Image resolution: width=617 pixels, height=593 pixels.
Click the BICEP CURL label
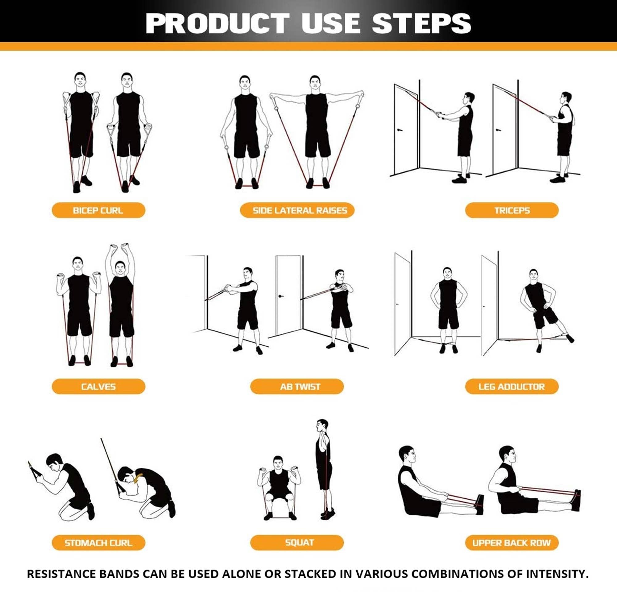point(98,210)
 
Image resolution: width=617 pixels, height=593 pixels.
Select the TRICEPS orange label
point(511,210)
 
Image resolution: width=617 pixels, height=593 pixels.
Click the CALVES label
point(98,386)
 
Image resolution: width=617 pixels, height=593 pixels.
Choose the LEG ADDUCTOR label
point(511,386)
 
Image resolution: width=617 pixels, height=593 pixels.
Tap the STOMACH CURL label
point(98,543)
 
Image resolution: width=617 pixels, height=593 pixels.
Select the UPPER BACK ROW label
point(511,543)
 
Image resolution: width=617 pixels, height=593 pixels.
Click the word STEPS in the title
point(421,24)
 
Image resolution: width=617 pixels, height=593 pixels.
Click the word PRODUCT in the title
point(217,24)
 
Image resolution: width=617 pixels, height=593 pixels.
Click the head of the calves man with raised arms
point(120,267)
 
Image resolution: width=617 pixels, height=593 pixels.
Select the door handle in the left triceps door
point(400,130)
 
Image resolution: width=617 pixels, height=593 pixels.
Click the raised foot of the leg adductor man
point(569,339)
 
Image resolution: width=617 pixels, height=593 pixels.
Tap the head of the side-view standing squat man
point(322,426)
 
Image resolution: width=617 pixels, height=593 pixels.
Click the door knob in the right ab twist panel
point(281,296)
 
